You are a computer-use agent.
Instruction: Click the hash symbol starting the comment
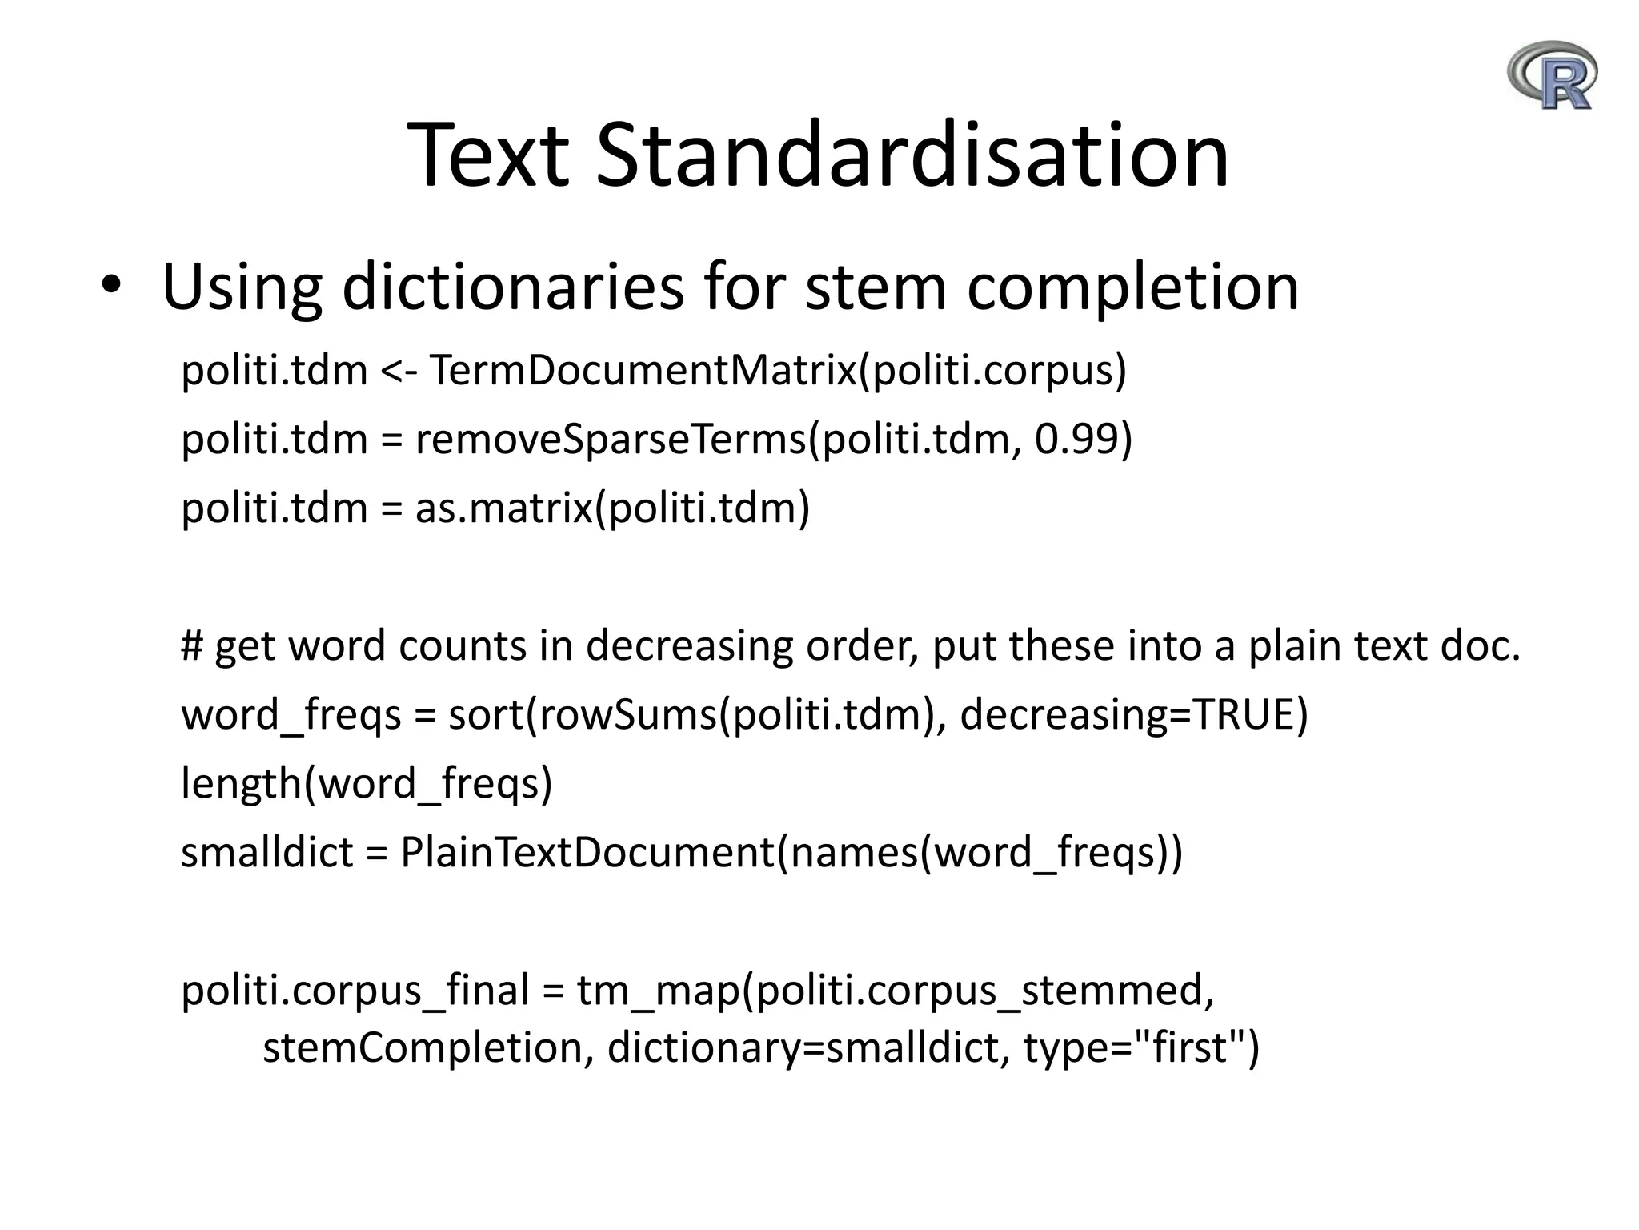[x=192, y=645]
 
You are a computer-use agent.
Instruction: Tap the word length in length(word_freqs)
[x=241, y=783]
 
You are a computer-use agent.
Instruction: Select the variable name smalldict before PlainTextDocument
[x=266, y=852]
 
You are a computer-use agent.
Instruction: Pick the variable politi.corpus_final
[x=355, y=990]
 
